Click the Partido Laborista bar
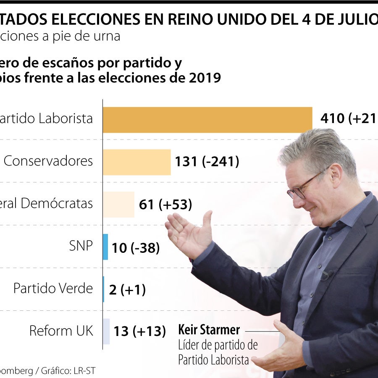[x=207, y=120]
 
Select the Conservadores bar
[x=137, y=162]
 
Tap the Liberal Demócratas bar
[x=119, y=205]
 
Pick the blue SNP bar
[x=105, y=247]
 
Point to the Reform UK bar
[x=106, y=331]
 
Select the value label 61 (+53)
[x=165, y=205]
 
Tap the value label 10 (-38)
[x=136, y=248]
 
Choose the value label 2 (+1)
[x=127, y=290]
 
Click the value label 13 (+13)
[x=140, y=332]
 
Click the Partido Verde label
[x=53, y=289]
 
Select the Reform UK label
[x=61, y=331]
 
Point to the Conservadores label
[x=48, y=161]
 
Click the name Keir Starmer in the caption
[x=209, y=330]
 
